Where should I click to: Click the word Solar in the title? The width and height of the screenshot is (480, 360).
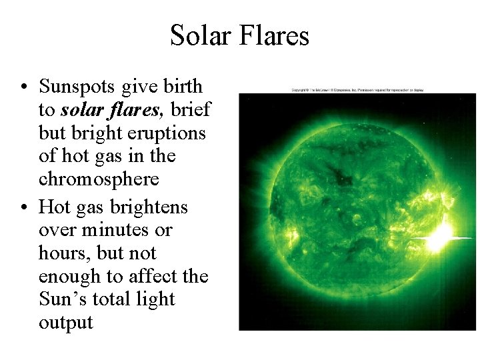click(x=200, y=35)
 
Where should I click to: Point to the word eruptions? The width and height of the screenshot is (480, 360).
click(x=166, y=133)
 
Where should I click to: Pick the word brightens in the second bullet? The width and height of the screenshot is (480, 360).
click(x=149, y=207)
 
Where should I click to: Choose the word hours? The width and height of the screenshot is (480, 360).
click(x=65, y=253)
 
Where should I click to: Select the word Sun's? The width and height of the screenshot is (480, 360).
click(x=62, y=299)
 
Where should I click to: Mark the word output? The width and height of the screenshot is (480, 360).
click(x=65, y=323)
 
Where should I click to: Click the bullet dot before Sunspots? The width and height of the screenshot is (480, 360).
click(x=23, y=88)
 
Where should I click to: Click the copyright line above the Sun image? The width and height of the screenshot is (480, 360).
click(x=357, y=90)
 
